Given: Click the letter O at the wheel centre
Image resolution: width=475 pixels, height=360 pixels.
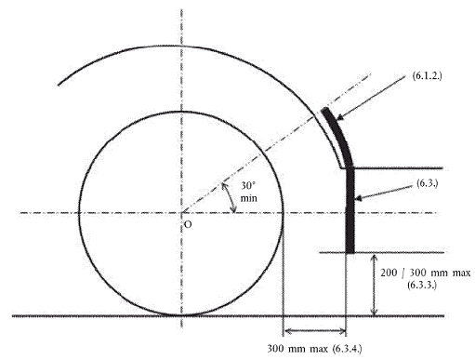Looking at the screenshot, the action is click(x=188, y=224).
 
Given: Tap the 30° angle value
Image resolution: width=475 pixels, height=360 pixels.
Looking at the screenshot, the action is click(x=248, y=185).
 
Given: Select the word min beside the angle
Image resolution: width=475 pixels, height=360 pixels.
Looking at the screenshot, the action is click(x=249, y=198).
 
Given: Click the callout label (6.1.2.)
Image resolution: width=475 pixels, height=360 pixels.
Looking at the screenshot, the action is click(x=427, y=75).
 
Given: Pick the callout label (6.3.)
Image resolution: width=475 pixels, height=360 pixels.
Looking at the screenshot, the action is click(x=428, y=183).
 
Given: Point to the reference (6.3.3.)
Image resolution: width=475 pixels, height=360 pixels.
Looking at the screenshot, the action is click(x=422, y=285).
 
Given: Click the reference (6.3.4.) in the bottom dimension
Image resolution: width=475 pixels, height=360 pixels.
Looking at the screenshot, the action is click(x=347, y=349).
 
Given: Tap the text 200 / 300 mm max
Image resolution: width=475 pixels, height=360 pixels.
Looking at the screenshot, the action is click(x=426, y=273).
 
